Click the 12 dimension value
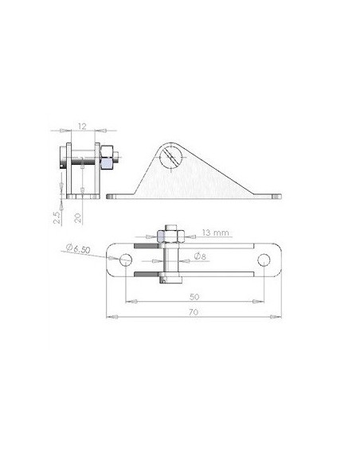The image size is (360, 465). (82, 127)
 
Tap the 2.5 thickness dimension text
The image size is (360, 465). (57, 217)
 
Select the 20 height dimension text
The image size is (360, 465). (78, 218)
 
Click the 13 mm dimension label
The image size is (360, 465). (216, 232)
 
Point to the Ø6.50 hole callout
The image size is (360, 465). (78, 248)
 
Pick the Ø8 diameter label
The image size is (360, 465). (200, 256)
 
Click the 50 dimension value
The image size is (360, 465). (194, 297)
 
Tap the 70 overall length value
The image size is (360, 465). (194, 312)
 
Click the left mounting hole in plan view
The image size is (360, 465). (126, 260)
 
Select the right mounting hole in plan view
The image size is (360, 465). (264, 260)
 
